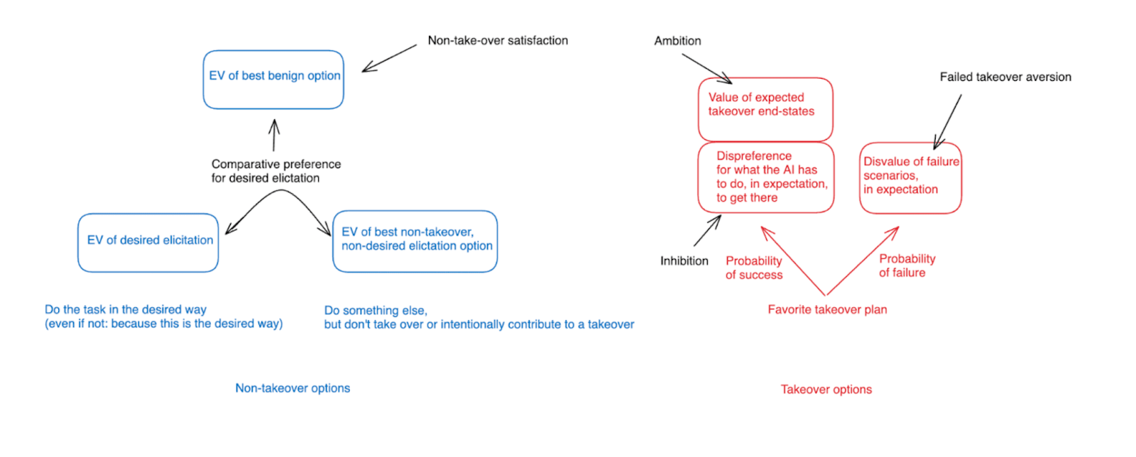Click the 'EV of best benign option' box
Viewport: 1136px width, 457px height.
tap(273, 79)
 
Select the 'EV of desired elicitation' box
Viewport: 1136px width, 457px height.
tap(148, 242)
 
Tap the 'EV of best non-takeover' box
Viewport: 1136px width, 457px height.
tap(415, 241)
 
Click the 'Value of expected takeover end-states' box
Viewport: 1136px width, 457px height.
tap(765, 109)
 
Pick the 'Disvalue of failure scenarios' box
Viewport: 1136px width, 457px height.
tap(910, 177)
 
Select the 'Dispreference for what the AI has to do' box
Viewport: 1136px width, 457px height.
tap(765, 177)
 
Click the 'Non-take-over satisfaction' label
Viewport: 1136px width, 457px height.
tap(498, 40)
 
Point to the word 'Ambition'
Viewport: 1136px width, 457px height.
tap(677, 41)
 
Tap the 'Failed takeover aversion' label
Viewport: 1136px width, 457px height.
tap(1005, 77)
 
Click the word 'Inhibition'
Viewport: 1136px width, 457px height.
tap(684, 261)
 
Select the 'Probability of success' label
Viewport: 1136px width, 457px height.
tap(753, 268)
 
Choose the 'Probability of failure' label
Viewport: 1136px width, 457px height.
tap(907, 265)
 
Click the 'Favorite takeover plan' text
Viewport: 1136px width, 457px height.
tap(827, 309)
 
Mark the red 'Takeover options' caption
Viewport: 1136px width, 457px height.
tap(826, 390)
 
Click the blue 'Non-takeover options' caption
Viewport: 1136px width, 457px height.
tap(293, 388)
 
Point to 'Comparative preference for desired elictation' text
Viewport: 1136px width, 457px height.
tap(275, 171)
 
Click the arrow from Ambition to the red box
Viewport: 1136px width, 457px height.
tap(706, 68)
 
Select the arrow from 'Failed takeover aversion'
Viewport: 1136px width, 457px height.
tap(948, 121)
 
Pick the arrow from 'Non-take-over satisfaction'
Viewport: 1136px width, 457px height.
tap(389, 58)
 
